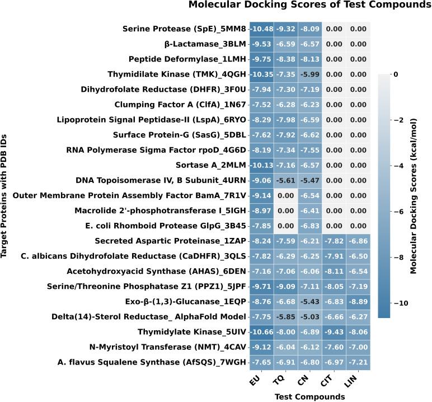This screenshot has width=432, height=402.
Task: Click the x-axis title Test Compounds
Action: [309, 396]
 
